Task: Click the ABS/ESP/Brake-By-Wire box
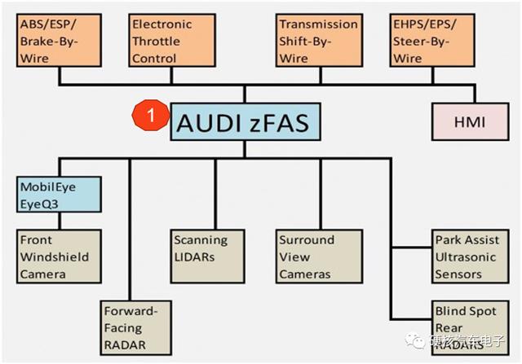click(x=55, y=41)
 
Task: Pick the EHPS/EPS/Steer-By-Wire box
click(x=429, y=41)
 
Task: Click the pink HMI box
click(x=469, y=122)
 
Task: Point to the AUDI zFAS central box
click(x=244, y=123)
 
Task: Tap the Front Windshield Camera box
click(x=59, y=257)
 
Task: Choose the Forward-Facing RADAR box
click(x=135, y=329)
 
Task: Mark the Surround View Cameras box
click(x=318, y=257)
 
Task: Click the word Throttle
click(x=157, y=42)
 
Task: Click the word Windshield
click(x=54, y=257)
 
